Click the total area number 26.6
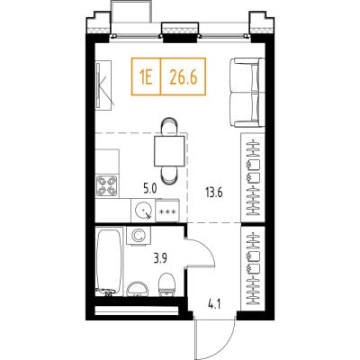coord(184,77)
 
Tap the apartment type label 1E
coord(146,77)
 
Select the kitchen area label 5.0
coord(149,188)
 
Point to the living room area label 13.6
coord(214,193)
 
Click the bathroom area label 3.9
coord(160,258)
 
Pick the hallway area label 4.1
coord(214,305)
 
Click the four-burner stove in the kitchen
coord(107,185)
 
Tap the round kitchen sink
coord(144,210)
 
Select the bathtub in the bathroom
coord(109,261)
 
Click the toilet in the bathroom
coord(167,284)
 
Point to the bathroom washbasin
coord(138,289)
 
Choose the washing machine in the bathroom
coord(139,236)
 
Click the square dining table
coord(169,150)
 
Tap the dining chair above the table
coord(169,126)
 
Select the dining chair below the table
coord(169,175)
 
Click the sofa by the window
coord(247,93)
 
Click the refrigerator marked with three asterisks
coord(167,211)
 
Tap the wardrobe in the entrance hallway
coord(253,269)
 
